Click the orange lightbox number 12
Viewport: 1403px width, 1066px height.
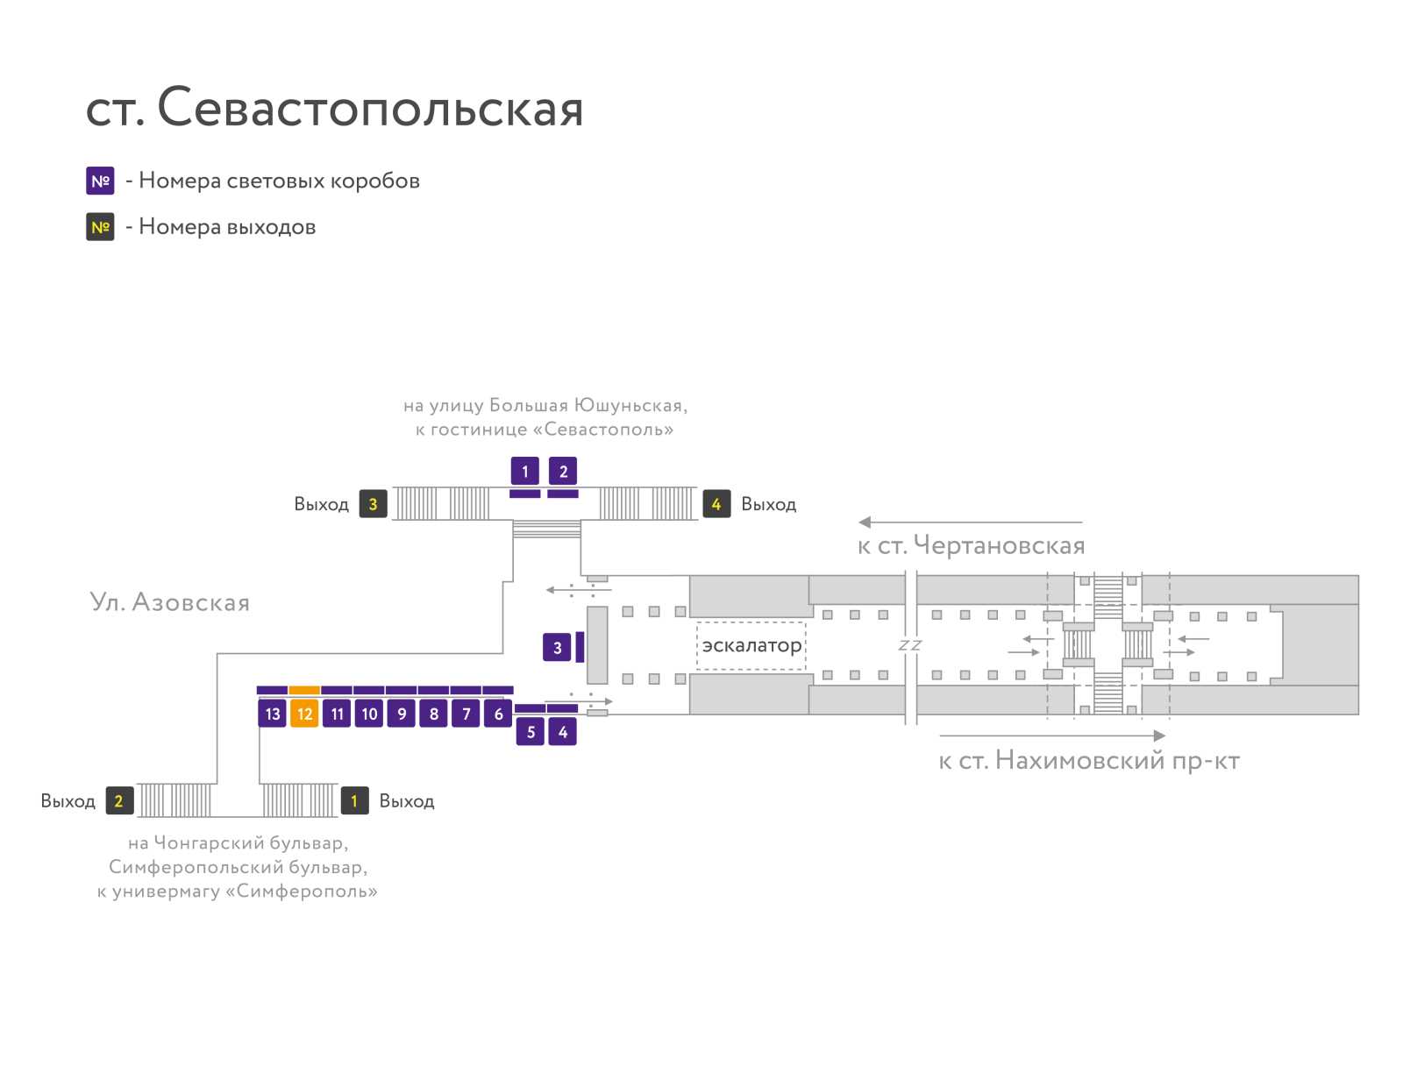point(304,713)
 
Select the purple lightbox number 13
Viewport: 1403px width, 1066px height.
point(272,713)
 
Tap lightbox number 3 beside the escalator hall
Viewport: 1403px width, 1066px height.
point(557,647)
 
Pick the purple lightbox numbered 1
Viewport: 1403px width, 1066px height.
point(524,471)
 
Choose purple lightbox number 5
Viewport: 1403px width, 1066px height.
point(530,731)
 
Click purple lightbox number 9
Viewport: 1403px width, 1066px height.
point(402,713)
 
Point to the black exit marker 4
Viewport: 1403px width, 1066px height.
point(716,504)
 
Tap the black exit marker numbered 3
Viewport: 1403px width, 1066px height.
point(373,504)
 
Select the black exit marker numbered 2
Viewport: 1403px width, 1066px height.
point(119,800)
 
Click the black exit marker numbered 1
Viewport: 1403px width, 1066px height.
point(355,800)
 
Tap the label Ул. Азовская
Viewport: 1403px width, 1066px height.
point(169,601)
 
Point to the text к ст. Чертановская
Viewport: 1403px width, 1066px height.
point(971,545)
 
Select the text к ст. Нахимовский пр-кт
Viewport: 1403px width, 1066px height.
point(1088,760)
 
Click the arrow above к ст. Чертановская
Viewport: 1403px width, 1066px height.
point(970,522)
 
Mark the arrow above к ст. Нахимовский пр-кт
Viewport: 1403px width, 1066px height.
point(1052,736)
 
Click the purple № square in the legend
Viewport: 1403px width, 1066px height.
point(100,181)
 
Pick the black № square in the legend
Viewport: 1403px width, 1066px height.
point(100,227)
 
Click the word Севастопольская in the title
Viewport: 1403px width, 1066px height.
point(370,107)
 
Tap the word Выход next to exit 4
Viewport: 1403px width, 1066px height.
point(768,505)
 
